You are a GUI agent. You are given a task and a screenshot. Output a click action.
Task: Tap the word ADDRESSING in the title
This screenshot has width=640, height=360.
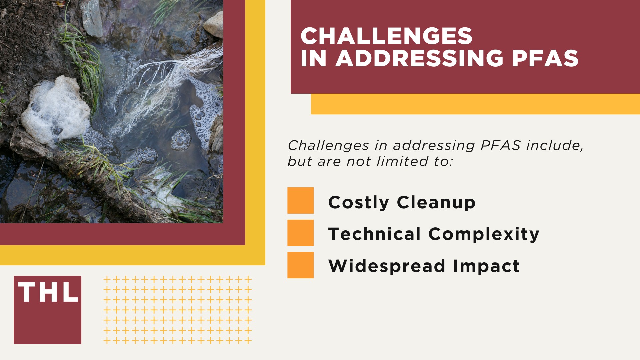(419, 59)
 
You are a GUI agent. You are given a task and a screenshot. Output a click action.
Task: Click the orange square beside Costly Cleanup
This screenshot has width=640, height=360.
(300, 200)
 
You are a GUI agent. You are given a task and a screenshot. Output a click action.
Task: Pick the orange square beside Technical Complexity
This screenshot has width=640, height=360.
(300, 233)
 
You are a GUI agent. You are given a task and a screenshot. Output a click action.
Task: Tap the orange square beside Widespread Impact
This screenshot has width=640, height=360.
(300, 265)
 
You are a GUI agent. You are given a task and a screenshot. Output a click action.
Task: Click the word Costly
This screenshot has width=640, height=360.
(358, 202)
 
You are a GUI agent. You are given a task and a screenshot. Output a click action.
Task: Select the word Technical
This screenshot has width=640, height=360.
(374, 234)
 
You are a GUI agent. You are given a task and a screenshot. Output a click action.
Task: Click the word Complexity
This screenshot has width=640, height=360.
(484, 234)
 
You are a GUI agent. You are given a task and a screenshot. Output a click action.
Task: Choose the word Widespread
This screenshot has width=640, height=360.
(387, 266)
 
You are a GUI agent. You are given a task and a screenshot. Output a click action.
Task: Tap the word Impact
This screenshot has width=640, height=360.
(486, 266)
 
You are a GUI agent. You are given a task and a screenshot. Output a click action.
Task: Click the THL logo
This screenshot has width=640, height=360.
(47, 310)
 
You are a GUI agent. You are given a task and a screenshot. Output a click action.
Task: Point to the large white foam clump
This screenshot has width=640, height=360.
(55, 110)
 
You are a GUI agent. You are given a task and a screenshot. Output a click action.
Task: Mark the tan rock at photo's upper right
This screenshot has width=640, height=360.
(214, 24)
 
